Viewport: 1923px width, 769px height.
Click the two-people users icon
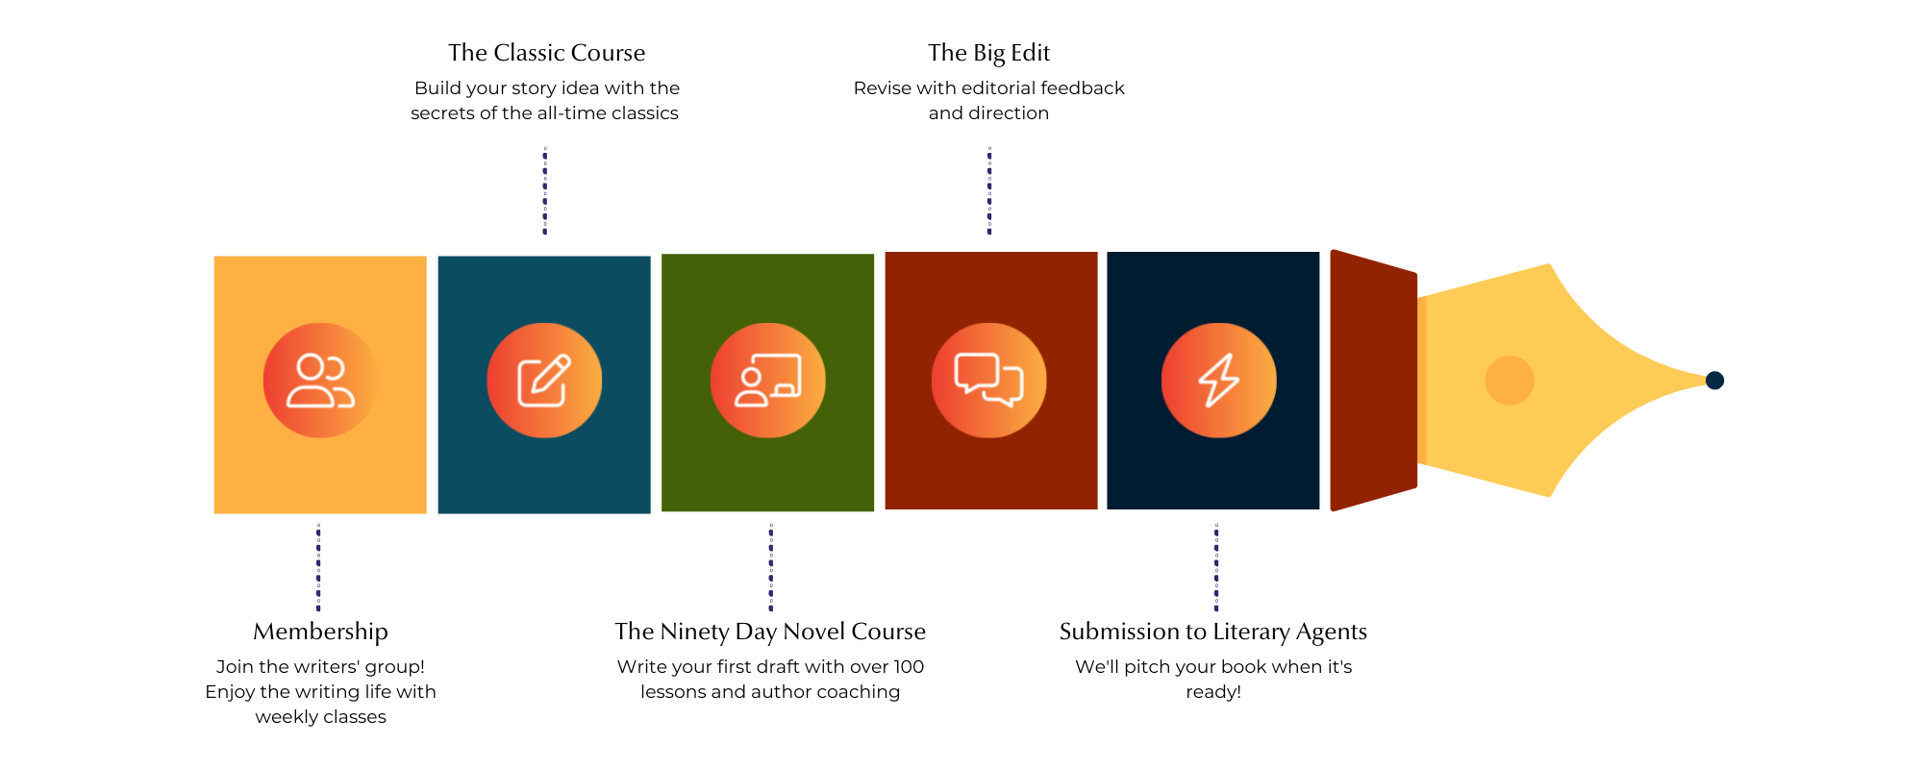[320, 381]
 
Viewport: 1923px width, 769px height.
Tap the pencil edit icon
[544, 381]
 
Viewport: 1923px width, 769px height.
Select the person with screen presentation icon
[767, 381]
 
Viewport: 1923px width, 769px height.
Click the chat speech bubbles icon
[988, 381]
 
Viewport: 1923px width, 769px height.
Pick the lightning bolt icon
[1218, 381]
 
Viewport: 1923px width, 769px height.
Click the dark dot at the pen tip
[1714, 381]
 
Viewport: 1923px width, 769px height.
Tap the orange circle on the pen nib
[1509, 381]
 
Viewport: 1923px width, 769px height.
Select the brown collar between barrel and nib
[1373, 381]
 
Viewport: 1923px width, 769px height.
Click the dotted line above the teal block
[545, 190]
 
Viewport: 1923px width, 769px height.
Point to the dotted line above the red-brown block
[989, 190]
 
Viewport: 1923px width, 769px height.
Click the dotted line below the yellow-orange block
[319, 567]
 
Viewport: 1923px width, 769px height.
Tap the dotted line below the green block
[770, 567]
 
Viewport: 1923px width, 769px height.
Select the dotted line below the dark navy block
[1216, 567]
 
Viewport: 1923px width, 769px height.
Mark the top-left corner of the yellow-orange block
[214, 257]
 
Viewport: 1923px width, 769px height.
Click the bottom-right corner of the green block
[874, 511]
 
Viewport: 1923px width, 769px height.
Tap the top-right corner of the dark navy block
[1319, 253]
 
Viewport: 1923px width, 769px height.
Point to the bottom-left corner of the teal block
[438, 513]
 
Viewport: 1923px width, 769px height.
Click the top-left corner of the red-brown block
[886, 253]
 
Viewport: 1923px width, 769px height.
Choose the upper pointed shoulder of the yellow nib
[1548, 264]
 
